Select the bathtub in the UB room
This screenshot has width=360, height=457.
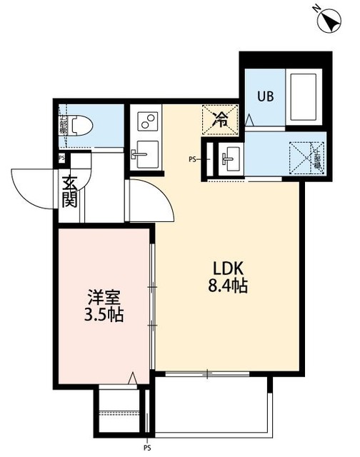304,97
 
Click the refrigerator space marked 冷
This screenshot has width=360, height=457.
222,119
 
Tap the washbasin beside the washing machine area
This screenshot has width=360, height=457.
229,159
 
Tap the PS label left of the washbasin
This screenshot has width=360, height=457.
192,159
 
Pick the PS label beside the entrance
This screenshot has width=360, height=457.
61,159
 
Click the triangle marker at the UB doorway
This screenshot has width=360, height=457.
249,121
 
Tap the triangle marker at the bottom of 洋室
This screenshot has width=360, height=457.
133,378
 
